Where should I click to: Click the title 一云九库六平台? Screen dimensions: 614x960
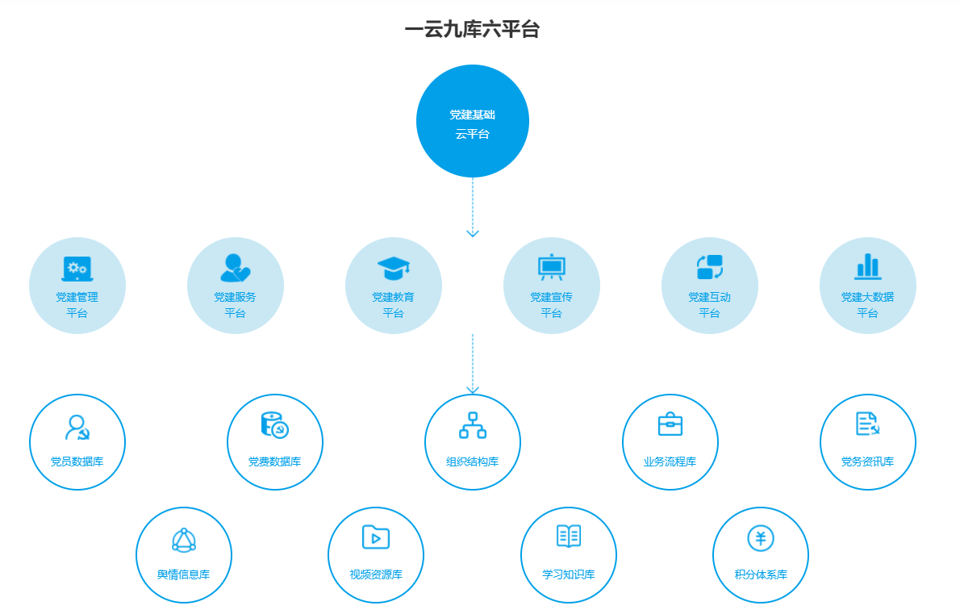pyautogui.click(x=472, y=31)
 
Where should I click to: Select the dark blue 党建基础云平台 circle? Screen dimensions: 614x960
pyautogui.click(x=473, y=121)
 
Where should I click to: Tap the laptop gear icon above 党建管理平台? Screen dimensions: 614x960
pyautogui.click(x=77, y=268)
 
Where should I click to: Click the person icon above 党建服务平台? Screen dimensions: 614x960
pyautogui.click(x=235, y=267)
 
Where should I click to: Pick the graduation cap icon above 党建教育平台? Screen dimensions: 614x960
pyautogui.click(x=394, y=268)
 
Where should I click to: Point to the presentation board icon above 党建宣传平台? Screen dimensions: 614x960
pyautogui.click(x=552, y=266)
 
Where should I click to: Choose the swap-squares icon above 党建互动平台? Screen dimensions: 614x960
pyautogui.click(x=710, y=267)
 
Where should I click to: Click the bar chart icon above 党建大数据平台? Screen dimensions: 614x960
pyautogui.click(x=868, y=266)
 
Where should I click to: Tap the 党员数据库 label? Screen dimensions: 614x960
pyautogui.click(x=77, y=462)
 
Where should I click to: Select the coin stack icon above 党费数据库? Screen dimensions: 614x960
pyautogui.click(x=275, y=425)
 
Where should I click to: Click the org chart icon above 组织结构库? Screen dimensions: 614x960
pyautogui.click(x=473, y=425)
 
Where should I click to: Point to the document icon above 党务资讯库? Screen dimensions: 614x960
pyautogui.click(x=868, y=424)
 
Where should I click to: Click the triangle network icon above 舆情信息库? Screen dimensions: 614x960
pyautogui.click(x=184, y=540)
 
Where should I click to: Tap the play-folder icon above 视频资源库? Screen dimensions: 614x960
pyautogui.click(x=376, y=537)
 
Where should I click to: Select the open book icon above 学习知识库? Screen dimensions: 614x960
pyautogui.click(x=569, y=537)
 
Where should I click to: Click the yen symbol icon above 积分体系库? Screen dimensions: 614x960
pyautogui.click(x=761, y=537)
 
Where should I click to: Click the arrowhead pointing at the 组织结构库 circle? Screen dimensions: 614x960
pyautogui.click(x=473, y=390)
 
